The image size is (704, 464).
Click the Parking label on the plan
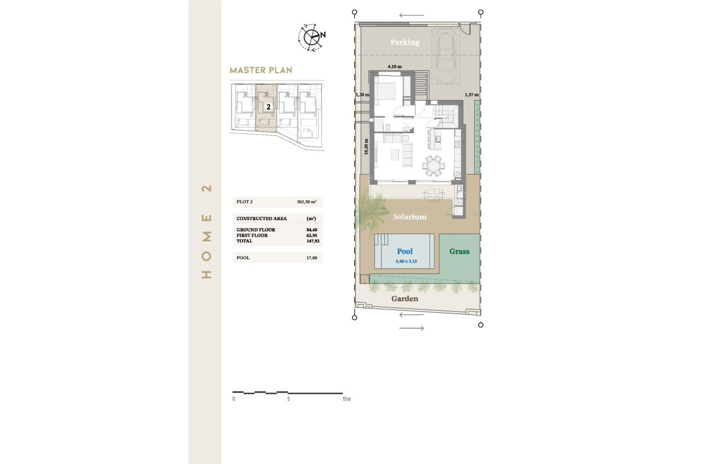click(x=404, y=42)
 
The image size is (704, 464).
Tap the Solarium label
click(x=410, y=217)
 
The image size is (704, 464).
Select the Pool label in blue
click(x=405, y=252)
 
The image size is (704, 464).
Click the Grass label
click(x=460, y=252)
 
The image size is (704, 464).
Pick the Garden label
click(x=405, y=299)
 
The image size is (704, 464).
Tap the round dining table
click(x=434, y=165)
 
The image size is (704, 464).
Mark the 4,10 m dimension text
click(x=394, y=67)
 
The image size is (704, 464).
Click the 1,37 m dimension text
click(x=472, y=94)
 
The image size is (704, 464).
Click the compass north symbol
click(x=312, y=37)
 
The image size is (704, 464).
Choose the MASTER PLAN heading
click(x=261, y=70)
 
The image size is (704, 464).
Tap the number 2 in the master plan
click(x=269, y=107)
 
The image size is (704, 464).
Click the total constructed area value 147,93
click(x=312, y=241)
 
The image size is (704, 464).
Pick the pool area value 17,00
click(x=312, y=258)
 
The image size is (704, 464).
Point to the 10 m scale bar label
click(x=345, y=399)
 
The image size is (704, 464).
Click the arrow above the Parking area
click(x=411, y=15)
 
